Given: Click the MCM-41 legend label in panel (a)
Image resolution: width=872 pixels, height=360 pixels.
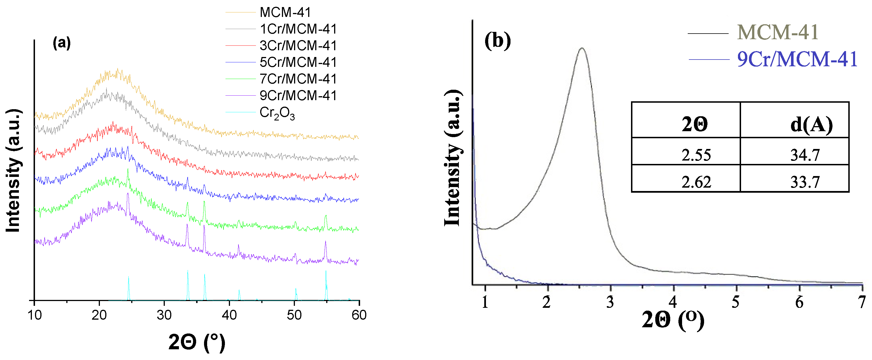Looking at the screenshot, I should (x=285, y=12).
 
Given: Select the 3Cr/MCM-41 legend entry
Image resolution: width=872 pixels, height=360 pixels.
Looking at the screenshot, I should (x=298, y=46).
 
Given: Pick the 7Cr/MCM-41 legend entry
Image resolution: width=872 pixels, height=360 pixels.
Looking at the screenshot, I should (x=298, y=79).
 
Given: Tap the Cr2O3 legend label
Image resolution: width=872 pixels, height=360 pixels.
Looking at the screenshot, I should (x=277, y=113).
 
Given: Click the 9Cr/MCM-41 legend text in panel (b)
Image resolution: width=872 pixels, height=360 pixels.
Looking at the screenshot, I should (x=797, y=60).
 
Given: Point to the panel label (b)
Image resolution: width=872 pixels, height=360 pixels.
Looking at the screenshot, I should (x=497, y=41).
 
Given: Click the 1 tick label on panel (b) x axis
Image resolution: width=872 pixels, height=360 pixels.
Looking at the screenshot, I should (x=485, y=302).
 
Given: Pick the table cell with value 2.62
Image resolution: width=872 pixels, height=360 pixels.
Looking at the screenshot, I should (x=696, y=182).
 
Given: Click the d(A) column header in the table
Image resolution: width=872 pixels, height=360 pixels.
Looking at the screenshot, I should (x=811, y=124).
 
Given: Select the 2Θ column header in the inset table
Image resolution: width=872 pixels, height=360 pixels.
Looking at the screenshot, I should (x=694, y=124).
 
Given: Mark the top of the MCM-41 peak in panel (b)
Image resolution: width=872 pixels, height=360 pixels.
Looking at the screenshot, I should (x=582, y=48).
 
